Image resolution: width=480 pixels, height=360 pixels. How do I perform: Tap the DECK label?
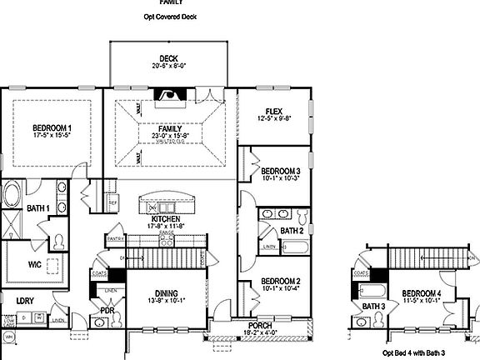(x=168, y=57)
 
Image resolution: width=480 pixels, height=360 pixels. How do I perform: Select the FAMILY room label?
(x=169, y=129)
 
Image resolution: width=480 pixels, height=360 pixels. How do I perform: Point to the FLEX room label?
(x=272, y=111)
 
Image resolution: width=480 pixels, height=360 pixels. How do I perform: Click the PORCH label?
(x=257, y=325)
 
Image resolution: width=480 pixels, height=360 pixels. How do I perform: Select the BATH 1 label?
(x=39, y=207)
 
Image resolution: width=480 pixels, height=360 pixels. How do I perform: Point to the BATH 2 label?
(x=291, y=230)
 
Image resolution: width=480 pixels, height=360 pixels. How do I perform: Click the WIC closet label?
(x=35, y=264)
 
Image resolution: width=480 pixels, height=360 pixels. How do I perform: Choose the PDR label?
(x=106, y=312)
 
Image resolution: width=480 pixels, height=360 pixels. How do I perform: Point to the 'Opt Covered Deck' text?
(x=169, y=17)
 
